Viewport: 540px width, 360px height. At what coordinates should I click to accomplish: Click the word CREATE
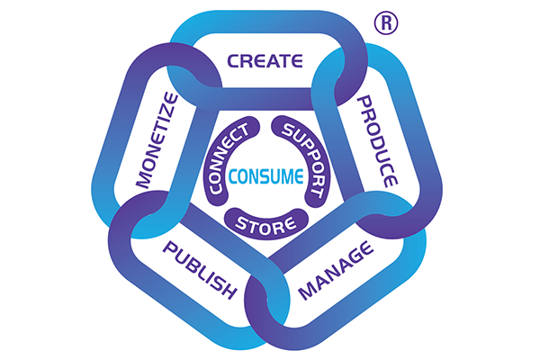[x=265, y=61]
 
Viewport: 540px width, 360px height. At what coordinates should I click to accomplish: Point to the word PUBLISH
[x=199, y=271]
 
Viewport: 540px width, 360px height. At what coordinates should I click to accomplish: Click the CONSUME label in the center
[x=265, y=174]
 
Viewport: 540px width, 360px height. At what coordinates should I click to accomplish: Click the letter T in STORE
[x=255, y=220]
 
